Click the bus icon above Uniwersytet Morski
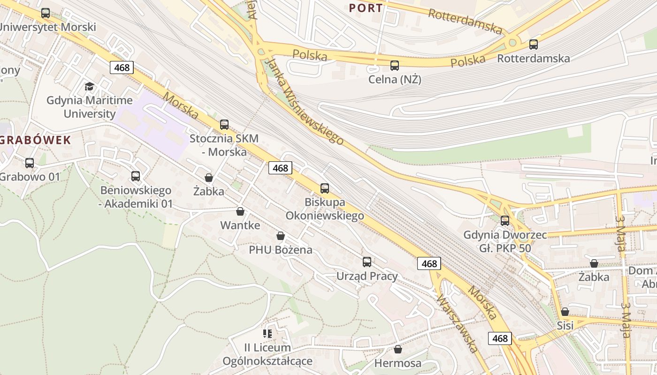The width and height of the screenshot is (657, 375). tap(46, 13)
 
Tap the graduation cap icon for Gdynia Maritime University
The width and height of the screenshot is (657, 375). tap(89, 86)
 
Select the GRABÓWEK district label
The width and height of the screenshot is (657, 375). tap(36, 140)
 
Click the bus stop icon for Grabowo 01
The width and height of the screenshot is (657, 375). tap(30, 163)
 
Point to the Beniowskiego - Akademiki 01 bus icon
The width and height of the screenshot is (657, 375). tap(136, 176)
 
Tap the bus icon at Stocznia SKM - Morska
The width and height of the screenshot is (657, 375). tap(224, 125)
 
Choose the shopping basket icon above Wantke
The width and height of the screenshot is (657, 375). tap(240, 212)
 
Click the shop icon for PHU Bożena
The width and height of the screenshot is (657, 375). tap(281, 236)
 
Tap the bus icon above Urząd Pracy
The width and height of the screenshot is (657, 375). tap(367, 262)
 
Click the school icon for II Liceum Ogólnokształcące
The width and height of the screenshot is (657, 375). tap(267, 334)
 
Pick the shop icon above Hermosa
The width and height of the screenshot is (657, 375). tap(398, 349)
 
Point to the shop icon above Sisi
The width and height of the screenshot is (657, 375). tap(565, 312)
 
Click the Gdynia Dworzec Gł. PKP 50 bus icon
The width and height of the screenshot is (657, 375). tap(505, 220)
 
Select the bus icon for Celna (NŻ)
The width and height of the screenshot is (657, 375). tap(395, 66)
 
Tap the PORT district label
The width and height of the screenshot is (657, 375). tap(366, 8)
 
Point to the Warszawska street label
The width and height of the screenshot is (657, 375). tap(457, 323)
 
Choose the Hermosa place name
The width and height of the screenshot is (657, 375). tap(398, 363)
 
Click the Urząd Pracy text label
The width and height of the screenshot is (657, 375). tap(367, 276)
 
